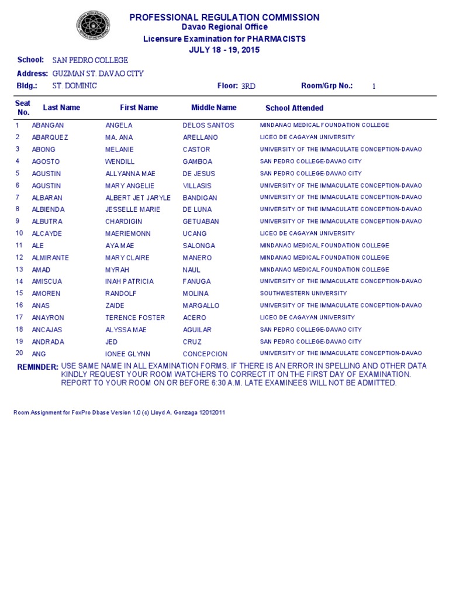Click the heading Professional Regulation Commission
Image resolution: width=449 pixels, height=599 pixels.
(224, 18)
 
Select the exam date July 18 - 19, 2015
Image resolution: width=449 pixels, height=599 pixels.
(224, 50)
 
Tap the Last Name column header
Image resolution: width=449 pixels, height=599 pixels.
(61, 108)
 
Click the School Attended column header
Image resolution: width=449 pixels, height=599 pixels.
(294, 108)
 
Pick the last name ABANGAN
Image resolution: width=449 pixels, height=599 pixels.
(48, 125)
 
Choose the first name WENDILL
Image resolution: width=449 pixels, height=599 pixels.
(120, 161)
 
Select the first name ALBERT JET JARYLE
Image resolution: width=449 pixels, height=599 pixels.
(138, 198)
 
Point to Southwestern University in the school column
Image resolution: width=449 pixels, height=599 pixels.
(303, 294)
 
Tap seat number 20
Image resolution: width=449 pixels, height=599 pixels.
(19, 354)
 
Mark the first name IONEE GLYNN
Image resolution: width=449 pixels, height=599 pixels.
(127, 354)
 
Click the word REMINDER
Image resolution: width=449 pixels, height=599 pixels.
(38, 367)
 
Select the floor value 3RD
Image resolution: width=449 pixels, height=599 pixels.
(248, 86)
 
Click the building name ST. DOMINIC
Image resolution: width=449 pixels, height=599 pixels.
(75, 86)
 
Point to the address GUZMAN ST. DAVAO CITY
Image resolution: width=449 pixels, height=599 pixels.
(98, 74)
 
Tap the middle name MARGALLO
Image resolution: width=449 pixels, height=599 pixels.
(201, 305)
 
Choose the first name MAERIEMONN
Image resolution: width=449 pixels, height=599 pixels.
(127, 233)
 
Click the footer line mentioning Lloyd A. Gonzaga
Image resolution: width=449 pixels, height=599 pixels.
(119, 412)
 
